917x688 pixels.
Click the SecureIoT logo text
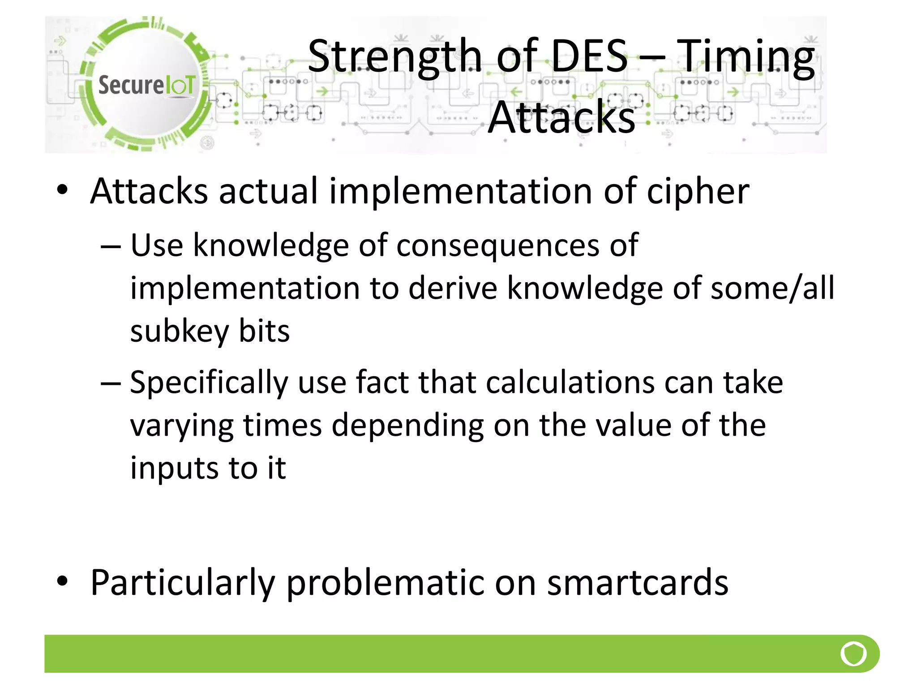point(146,85)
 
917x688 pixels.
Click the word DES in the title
point(589,56)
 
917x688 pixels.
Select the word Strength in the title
point(394,57)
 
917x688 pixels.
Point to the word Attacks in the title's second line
point(561,117)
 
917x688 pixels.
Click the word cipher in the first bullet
point(698,192)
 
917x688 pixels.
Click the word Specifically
point(209,383)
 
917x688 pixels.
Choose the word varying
point(182,426)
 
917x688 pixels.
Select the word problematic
point(386,583)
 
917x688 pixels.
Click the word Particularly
point(183,583)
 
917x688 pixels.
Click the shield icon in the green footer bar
point(853,654)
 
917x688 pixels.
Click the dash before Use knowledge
point(111,246)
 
